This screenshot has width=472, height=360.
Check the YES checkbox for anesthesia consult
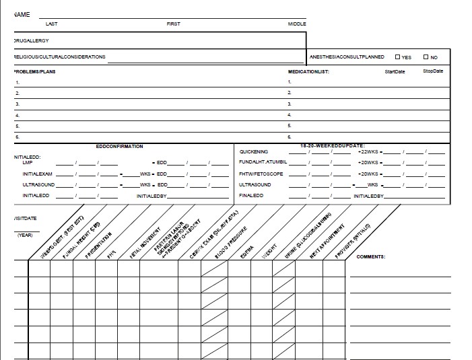398,57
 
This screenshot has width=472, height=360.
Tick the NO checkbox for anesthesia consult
426,57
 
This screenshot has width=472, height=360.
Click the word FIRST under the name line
174,24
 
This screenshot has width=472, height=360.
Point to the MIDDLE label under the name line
297,24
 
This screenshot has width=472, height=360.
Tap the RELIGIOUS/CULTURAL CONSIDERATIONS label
60,57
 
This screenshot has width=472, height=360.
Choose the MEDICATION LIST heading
308,71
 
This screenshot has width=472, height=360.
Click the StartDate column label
395,71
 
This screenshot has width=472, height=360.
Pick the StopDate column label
433,71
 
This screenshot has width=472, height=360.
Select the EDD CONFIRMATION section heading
120,146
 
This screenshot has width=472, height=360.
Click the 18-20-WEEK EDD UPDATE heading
332,146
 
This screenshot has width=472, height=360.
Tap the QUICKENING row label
253,152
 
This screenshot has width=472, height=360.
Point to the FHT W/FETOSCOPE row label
261,174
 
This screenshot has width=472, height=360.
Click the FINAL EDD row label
252,196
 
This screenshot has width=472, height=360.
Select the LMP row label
28,163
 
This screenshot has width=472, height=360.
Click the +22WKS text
368,152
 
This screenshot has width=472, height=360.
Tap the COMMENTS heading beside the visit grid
371,257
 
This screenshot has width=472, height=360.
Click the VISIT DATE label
25,219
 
